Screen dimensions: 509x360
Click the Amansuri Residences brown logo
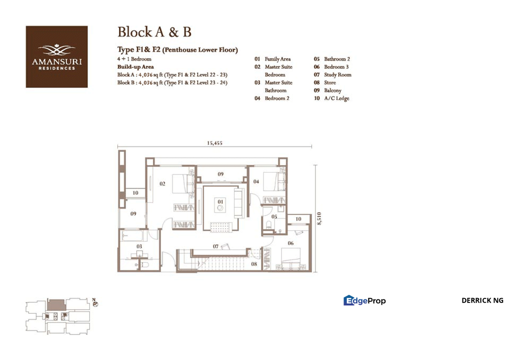[x=57, y=57]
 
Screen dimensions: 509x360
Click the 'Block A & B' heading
[x=154, y=32]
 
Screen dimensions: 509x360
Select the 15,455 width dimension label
[x=214, y=143]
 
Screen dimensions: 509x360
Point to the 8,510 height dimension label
[x=319, y=218]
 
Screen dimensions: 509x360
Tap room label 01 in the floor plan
[x=220, y=202]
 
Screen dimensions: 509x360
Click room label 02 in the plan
[x=162, y=183]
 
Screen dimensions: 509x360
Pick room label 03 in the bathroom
[x=139, y=246]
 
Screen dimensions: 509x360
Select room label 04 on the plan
[x=256, y=181]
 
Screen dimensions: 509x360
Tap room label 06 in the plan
[x=290, y=243]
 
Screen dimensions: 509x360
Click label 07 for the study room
[x=215, y=246]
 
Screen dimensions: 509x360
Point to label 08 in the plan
[x=254, y=264]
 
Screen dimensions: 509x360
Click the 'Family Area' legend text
[x=277, y=59]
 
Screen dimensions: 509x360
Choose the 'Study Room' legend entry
[x=337, y=74]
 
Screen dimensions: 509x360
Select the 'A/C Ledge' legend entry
[x=336, y=98]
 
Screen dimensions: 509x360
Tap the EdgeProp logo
[x=364, y=300]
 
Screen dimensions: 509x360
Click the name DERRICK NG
[x=482, y=300]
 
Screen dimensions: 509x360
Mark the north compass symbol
[x=95, y=303]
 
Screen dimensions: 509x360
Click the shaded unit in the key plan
[x=57, y=305]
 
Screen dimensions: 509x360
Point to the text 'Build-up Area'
[x=135, y=67]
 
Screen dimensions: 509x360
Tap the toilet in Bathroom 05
[x=268, y=224]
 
